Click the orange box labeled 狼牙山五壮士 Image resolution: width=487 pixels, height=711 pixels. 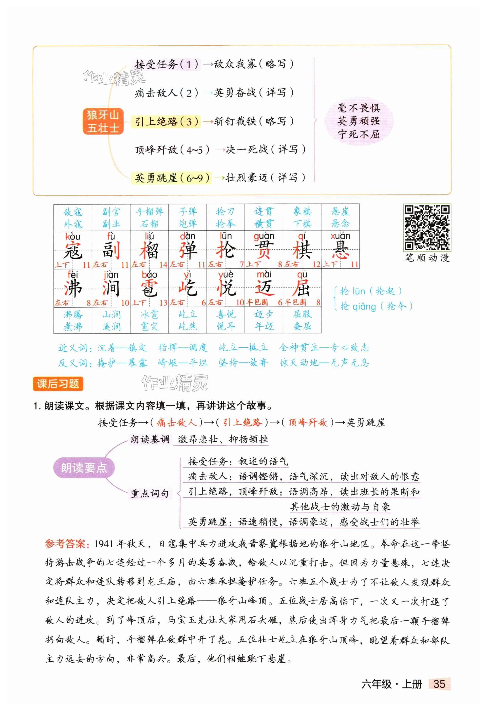pyautogui.click(x=103, y=121)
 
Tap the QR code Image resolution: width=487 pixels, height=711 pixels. pyautogui.click(x=427, y=227)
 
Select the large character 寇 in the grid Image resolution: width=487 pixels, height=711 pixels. pyautogui.click(x=73, y=251)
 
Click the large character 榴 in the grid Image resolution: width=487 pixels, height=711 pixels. pyautogui.click(x=149, y=251)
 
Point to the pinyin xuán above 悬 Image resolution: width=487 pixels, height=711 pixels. pyautogui.click(x=340, y=236)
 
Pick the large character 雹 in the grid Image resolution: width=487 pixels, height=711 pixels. pyautogui.click(x=149, y=289)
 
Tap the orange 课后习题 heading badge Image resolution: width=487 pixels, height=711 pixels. pyautogui.click(x=58, y=384)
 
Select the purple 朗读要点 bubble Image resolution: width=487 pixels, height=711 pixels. pyautogui.click(x=84, y=468)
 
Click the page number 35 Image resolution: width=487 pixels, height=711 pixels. pyautogui.click(x=439, y=684)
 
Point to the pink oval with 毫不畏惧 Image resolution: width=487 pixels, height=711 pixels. pyautogui.click(x=359, y=121)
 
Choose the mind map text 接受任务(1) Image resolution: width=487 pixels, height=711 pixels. pyautogui.click(x=166, y=65)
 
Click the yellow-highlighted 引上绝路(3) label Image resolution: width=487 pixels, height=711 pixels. pyautogui.click(x=166, y=121)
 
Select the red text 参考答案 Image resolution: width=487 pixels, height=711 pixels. pyautogui.click(x=67, y=544)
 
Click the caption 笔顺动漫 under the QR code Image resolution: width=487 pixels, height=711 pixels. pyautogui.click(x=427, y=258)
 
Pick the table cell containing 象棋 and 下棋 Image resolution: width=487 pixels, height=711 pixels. pyautogui.click(x=302, y=217)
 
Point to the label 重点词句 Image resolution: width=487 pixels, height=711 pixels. pyautogui.click(x=149, y=494)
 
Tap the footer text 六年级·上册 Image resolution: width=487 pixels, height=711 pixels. pyautogui.click(x=391, y=684)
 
